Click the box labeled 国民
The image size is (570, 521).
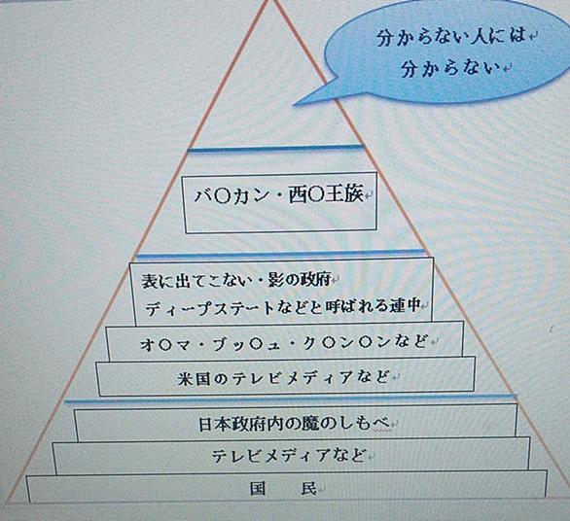point(287,486)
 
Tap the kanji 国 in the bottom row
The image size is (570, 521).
point(258,489)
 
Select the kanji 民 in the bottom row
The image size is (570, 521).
point(308,489)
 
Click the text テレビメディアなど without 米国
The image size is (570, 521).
point(288,456)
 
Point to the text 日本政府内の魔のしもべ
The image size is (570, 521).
point(294,424)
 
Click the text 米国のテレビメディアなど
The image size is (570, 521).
point(283,378)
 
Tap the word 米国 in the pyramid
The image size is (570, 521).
point(195,378)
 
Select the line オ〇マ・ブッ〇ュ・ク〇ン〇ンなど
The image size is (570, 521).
point(283,343)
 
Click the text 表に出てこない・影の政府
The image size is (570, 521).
point(235,280)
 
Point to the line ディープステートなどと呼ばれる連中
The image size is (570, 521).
point(282,308)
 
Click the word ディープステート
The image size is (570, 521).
point(209,309)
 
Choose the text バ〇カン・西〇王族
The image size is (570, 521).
point(279,194)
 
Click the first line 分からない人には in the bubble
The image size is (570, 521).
point(451,37)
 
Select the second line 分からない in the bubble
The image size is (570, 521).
point(450,68)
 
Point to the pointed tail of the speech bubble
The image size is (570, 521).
point(294,105)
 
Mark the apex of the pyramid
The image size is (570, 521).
point(270,1)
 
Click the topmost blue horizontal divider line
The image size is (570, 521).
point(275,149)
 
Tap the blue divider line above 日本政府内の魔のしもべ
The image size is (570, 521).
point(290,399)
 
